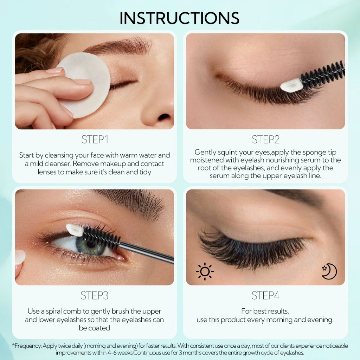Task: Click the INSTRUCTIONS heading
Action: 179,18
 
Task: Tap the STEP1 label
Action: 95,140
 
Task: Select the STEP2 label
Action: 265,140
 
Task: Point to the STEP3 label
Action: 94,295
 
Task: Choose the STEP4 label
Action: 265,295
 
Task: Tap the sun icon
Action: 205,272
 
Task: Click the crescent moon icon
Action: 329,271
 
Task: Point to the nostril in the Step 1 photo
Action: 164,117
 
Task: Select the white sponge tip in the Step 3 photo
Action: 75,230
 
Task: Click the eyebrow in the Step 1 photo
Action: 118,46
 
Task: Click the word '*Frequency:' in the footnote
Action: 27,346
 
